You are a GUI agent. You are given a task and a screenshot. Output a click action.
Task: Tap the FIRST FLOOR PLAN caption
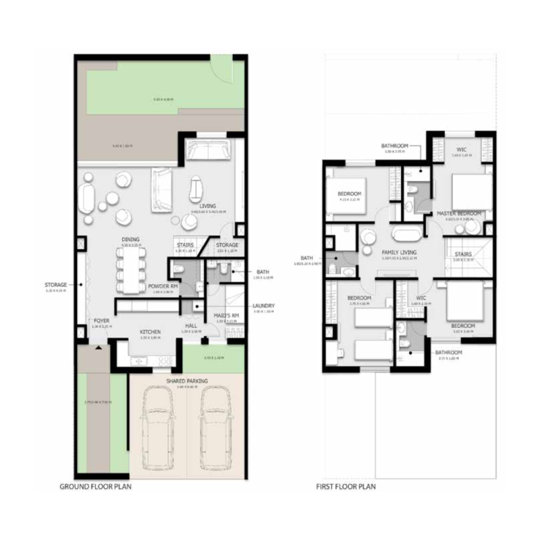click(346, 486)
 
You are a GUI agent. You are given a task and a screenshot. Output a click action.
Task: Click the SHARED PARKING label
click(187, 381)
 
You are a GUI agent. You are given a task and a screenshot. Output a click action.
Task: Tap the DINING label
click(130, 239)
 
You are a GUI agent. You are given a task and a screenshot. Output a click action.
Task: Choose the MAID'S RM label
click(225, 316)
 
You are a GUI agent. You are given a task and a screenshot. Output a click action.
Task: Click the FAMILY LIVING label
click(398, 252)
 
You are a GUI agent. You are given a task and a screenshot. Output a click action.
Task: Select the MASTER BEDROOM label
click(459, 213)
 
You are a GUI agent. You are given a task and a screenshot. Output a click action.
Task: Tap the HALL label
click(191, 327)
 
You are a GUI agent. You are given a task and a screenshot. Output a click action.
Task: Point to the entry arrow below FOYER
click(99, 348)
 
